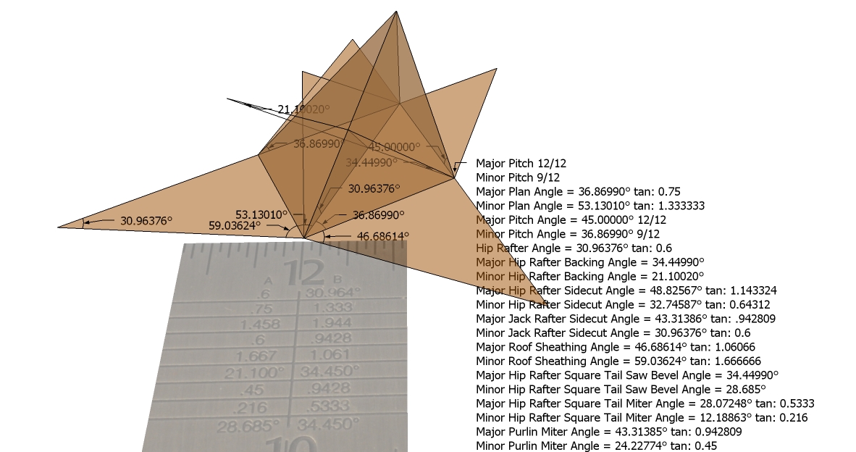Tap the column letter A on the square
pos(269,280)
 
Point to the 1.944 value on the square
pos(329,324)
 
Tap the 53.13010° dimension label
pos(261,214)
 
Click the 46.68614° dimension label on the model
pos(383,236)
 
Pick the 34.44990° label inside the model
pos(372,162)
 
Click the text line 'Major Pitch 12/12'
pos(520,164)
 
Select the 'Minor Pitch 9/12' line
pos(517,177)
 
